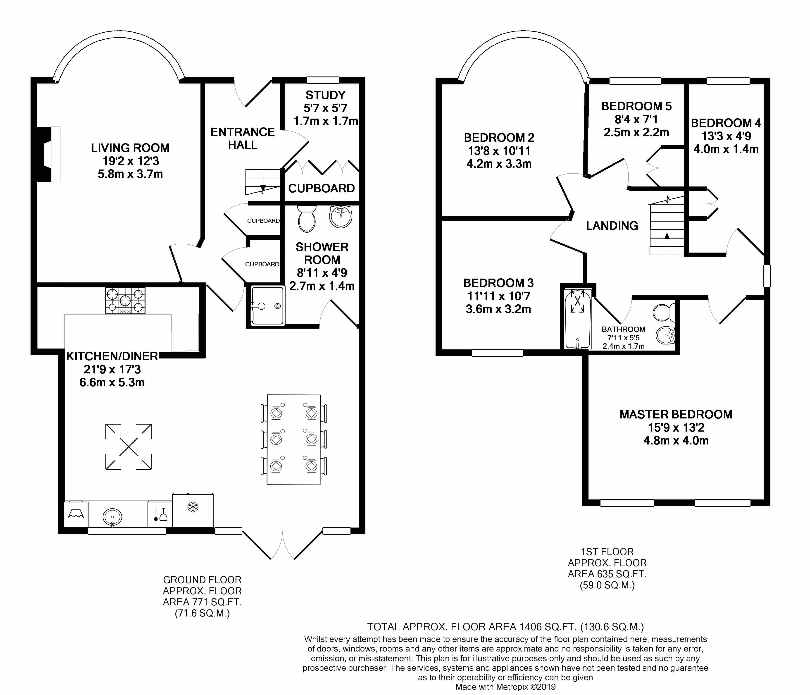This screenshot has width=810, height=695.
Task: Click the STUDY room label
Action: click(x=326, y=95)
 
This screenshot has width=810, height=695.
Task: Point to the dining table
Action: click(x=294, y=439)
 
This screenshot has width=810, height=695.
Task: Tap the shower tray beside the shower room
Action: click(x=268, y=306)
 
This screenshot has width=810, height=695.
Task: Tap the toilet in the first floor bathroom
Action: click(x=663, y=312)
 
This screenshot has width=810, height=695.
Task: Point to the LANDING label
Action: click(x=612, y=226)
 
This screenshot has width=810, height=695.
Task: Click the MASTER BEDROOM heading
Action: click(x=676, y=414)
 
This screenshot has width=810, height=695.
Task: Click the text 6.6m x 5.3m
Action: click(x=112, y=382)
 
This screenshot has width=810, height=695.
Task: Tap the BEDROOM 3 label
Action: click(x=498, y=283)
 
